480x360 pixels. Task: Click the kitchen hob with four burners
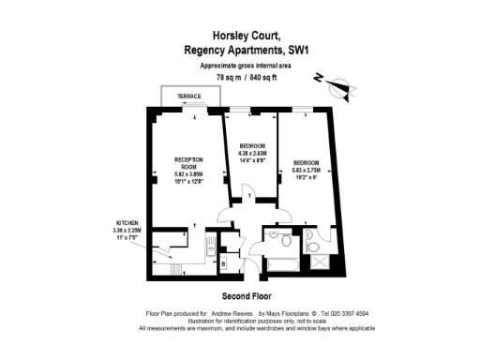pyautogui.click(x=173, y=270)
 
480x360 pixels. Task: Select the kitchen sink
pyautogui.click(x=205, y=247)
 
